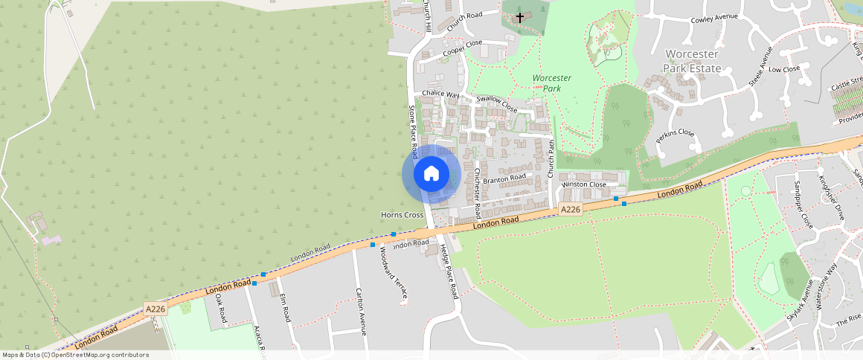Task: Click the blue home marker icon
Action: click(x=431, y=174)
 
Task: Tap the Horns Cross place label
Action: click(x=402, y=215)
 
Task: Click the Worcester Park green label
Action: click(x=552, y=83)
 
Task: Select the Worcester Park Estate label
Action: click(x=692, y=61)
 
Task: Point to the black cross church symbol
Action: click(x=519, y=16)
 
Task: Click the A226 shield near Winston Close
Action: click(x=570, y=210)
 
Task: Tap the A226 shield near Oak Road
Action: click(x=155, y=309)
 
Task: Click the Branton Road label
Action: click(x=504, y=179)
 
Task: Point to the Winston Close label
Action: click(x=584, y=184)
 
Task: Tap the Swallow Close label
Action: click(x=496, y=103)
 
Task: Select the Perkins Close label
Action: click(x=675, y=137)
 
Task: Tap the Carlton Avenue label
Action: click(x=362, y=311)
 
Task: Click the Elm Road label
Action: click(x=285, y=308)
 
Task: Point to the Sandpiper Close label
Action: click(x=805, y=204)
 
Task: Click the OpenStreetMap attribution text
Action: click(x=75, y=355)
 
